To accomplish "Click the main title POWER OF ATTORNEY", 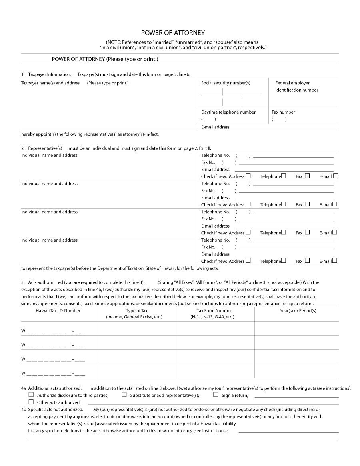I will click(x=173, y=33).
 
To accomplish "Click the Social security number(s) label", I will click(x=226, y=83).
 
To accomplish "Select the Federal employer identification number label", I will click(x=296, y=86).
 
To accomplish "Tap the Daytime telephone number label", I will click(x=228, y=112).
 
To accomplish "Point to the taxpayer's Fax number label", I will click(x=283, y=112).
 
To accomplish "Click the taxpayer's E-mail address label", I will click(x=215, y=127).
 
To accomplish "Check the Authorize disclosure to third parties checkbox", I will click(x=31, y=394).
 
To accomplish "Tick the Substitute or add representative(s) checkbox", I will click(x=124, y=394).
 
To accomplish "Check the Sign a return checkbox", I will click(x=216, y=394).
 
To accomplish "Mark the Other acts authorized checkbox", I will click(x=31, y=402).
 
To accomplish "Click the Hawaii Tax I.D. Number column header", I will click(x=58, y=311).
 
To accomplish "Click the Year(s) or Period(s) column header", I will click(x=298, y=311).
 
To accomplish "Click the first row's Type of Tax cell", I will click(x=138, y=328).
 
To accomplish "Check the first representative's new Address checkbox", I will click(x=248, y=176).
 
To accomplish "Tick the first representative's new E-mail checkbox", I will click(x=335, y=176).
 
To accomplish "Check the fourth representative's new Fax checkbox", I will click(x=307, y=260).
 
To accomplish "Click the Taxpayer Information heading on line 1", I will click(x=50, y=74).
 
